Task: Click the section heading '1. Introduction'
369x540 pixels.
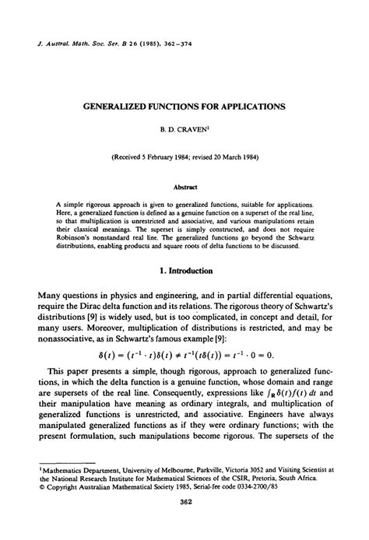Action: coord(184,248)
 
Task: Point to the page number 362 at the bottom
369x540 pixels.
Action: coord(184,526)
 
